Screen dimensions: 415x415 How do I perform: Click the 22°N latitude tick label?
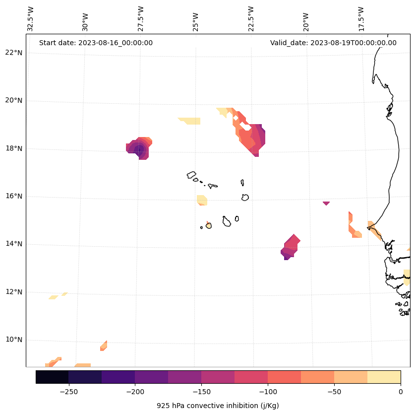pyautogui.click(x=14, y=53)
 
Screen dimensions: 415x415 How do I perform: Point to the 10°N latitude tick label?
pyautogui.click(x=14, y=340)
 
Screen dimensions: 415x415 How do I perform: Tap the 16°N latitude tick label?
pyautogui.click(x=14, y=196)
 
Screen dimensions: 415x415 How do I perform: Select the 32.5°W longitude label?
pyautogui.click(x=31, y=19)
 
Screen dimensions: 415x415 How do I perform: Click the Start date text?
pyautogui.click(x=96, y=43)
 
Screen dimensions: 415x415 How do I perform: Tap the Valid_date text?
pyautogui.click(x=333, y=43)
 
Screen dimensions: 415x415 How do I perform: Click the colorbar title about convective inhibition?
pyautogui.click(x=218, y=406)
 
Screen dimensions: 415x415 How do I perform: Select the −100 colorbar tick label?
pyautogui.click(x=268, y=392)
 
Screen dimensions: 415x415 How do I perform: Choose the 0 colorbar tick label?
pyautogui.click(x=401, y=392)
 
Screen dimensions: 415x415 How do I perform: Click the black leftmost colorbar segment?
pyautogui.click(x=52, y=377)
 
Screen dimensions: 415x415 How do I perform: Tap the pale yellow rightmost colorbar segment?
pyautogui.click(x=384, y=377)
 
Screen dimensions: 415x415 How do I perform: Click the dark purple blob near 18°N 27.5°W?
pyautogui.click(x=139, y=148)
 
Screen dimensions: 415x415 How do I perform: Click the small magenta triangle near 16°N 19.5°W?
pyautogui.click(x=326, y=203)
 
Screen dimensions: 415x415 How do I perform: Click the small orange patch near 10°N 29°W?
pyautogui.click(x=104, y=346)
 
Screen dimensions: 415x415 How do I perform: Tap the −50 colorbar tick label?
pyautogui.click(x=334, y=392)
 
